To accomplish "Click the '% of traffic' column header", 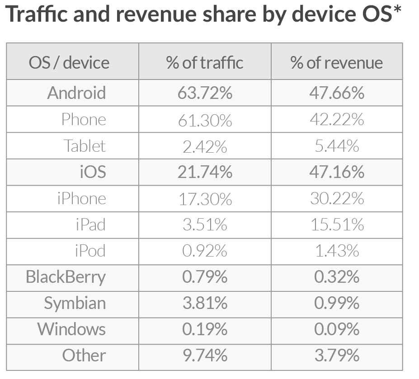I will point(205,62).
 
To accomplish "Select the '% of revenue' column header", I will point(337,62).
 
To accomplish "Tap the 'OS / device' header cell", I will point(69,62).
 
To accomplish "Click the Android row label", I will point(76,93).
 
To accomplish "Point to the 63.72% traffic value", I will point(205,93).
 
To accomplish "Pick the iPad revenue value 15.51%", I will point(337,225).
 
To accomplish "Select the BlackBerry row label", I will point(66,276).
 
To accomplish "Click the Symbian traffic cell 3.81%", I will point(205,303).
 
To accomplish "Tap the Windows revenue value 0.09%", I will point(337,329).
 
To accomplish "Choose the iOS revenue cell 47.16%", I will point(337,172).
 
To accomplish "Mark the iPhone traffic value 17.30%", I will point(205,199).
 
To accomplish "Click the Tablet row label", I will point(85,146).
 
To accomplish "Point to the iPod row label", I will point(90,251).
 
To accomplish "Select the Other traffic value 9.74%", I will point(205,356).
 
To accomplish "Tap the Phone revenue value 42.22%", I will point(337,119).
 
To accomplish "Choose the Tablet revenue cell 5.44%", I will point(337,146).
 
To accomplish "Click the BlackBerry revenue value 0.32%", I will point(337,276).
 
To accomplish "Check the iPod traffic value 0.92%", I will point(205,251).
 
